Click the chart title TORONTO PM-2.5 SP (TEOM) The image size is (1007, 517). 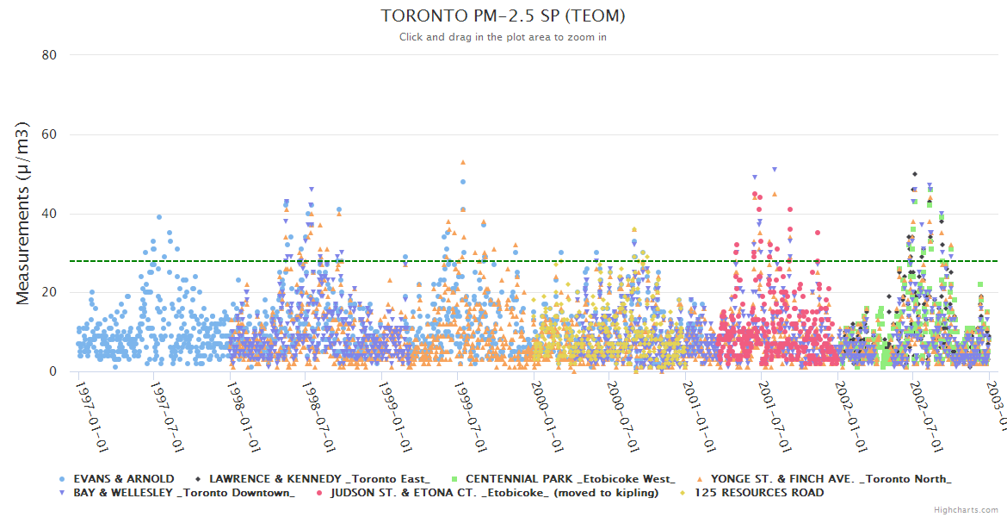click(x=503, y=16)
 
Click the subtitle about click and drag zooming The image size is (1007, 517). click(x=503, y=37)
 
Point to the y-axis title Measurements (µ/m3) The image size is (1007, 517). click(x=23, y=214)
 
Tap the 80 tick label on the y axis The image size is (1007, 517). click(x=49, y=55)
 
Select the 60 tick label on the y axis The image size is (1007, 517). click(x=49, y=134)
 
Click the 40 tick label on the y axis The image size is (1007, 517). click(x=49, y=214)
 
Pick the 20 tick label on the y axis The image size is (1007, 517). click(x=49, y=293)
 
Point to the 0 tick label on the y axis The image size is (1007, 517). click(x=53, y=372)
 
